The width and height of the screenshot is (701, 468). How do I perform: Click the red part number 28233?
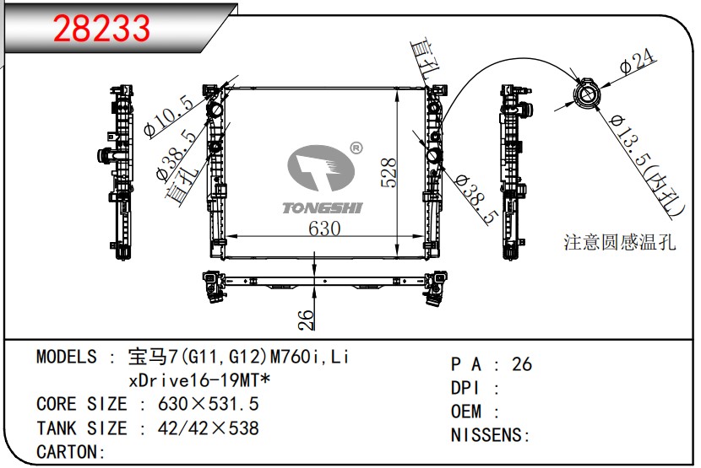click(101, 28)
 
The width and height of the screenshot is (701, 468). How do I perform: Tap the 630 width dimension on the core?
click(324, 229)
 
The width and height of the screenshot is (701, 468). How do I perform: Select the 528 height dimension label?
click(389, 172)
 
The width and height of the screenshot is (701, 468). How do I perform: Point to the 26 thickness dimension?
click(306, 320)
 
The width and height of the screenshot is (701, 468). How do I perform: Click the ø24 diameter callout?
click(638, 62)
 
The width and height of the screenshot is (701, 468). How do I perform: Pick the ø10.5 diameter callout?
click(169, 116)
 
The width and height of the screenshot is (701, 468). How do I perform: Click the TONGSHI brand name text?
click(323, 207)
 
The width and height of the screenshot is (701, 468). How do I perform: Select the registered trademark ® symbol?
click(356, 148)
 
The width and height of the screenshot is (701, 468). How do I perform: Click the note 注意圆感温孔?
click(620, 242)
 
